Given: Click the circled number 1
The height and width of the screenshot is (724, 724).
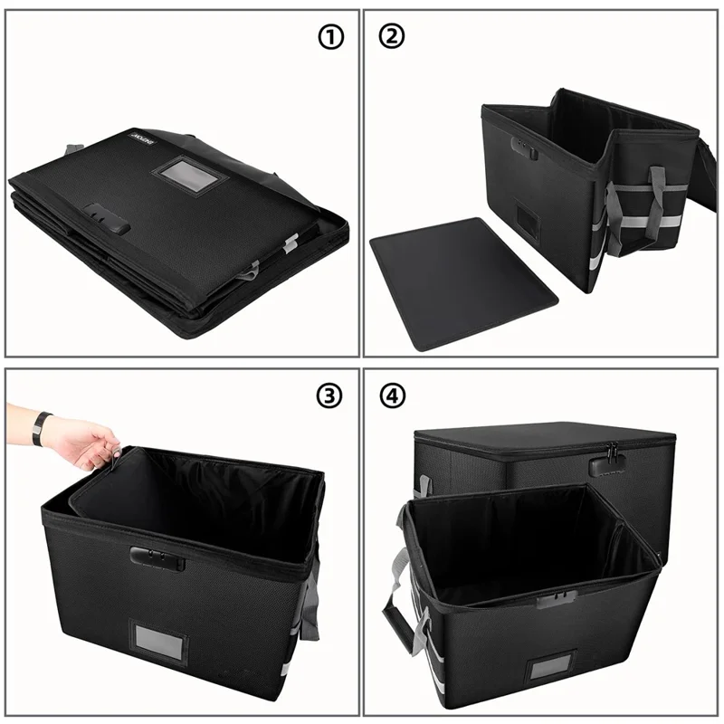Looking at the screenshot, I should tap(332, 37).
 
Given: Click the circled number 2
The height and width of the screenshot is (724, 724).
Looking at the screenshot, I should tap(394, 37).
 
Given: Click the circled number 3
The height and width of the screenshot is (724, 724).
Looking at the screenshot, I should tap(329, 395).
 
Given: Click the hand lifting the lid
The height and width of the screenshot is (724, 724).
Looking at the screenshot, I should tap(86, 443).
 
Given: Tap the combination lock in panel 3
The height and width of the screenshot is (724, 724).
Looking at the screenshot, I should tap(157, 557).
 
